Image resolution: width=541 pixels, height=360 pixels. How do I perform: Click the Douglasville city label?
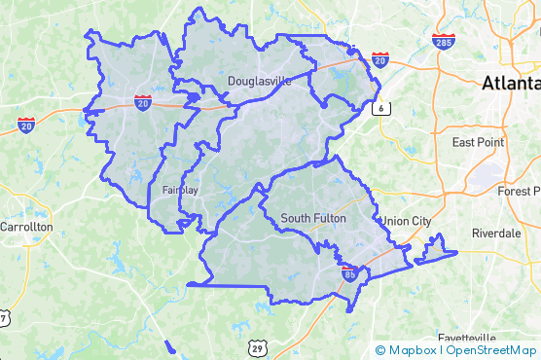tap(259, 82)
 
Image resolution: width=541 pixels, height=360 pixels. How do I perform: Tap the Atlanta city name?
tap(510, 85)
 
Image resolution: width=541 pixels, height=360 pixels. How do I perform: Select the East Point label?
tap(478, 142)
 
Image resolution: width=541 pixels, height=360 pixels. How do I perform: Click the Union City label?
tap(407, 222)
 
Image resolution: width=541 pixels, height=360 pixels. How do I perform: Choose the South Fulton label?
tap(312, 218)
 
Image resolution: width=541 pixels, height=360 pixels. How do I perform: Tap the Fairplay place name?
tap(180, 190)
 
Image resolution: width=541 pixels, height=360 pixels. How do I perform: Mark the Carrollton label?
tap(26, 226)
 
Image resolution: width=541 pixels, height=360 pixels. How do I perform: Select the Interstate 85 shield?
tap(348, 274)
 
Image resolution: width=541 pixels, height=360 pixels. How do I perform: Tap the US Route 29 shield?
tap(256, 347)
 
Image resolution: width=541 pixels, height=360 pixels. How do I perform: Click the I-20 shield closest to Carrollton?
tap(27, 125)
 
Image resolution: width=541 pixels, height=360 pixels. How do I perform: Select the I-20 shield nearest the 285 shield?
tap(380, 60)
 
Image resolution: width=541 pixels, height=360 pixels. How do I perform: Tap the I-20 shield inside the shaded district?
tap(143, 101)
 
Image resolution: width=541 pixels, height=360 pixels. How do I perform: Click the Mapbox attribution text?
tap(407, 349)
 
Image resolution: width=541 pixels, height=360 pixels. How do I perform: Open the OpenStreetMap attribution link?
tap(491, 349)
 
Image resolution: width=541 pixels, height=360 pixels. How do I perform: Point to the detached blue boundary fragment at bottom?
tap(170, 344)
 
